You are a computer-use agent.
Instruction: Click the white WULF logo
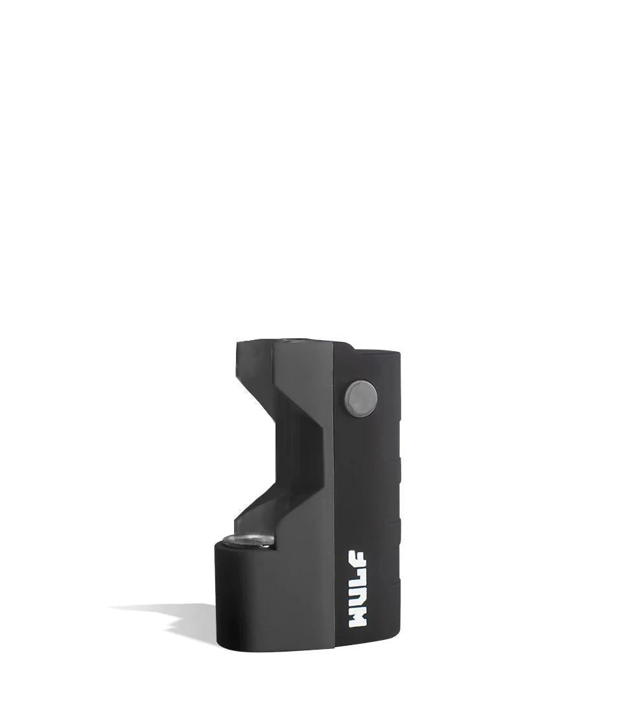[x=357, y=590]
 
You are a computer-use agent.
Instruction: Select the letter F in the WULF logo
[x=357, y=563]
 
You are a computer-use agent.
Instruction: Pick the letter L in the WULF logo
[x=357, y=580]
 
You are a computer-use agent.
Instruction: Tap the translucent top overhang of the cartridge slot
[x=253, y=363]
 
